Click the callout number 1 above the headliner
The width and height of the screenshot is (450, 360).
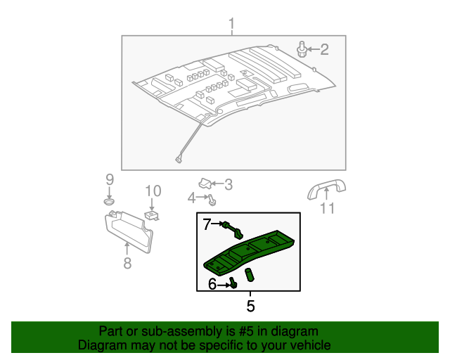[231, 25]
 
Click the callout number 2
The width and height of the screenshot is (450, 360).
[324, 49]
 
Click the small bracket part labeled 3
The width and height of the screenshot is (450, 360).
[205, 184]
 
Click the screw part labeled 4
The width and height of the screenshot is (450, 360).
[212, 200]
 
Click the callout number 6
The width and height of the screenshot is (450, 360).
[212, 284]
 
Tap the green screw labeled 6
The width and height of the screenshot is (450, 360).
[233, 283]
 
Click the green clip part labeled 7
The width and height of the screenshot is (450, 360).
[232, 228]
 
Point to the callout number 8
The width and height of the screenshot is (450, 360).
[127, 264]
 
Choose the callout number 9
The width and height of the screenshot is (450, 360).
[110, 179]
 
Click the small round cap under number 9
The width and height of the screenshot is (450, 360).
[110, 202]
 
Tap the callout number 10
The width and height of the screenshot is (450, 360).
[153, 191]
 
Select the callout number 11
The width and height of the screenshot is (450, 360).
[328, 208]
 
